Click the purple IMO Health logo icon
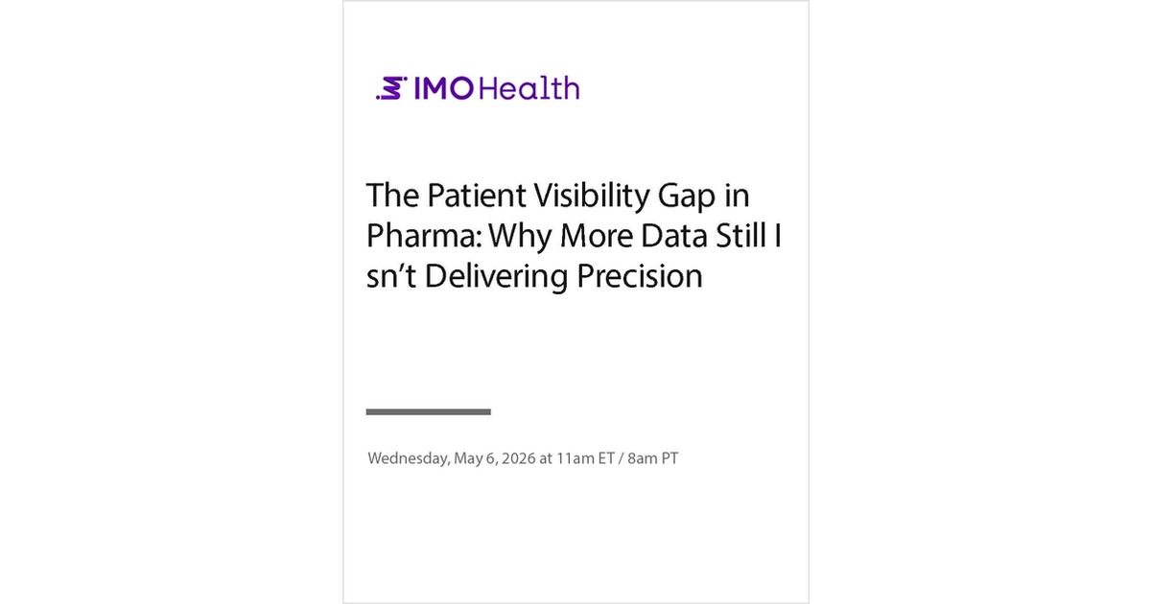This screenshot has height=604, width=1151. pos(391,88)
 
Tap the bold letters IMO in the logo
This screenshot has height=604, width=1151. pos(442,88)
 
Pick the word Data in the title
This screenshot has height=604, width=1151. pos(669,236)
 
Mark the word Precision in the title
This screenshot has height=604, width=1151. pos(640,276)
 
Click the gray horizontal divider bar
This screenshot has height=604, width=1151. pos(429,411)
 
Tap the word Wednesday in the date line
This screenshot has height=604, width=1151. pos(407,458)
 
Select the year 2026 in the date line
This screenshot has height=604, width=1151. pos(517,458)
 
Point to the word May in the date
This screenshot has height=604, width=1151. pos(468,459)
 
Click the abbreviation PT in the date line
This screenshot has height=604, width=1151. pos(669,458)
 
